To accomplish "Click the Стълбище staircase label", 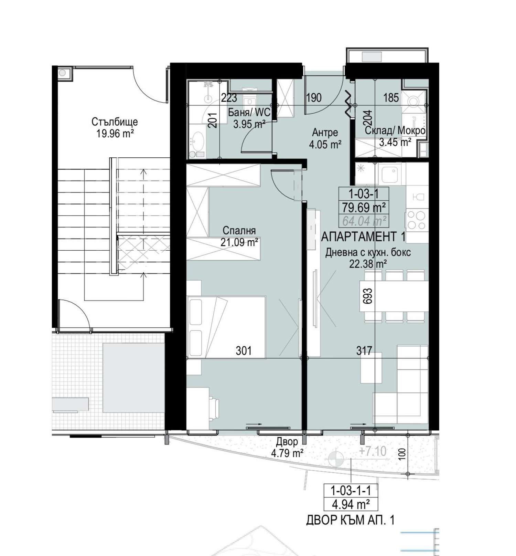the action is [115, 122].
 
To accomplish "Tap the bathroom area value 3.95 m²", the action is [249, 124].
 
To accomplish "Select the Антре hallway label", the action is [325, 132].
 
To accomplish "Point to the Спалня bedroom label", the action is [239, 230].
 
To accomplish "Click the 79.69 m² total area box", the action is [364, 208].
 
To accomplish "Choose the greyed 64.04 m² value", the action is [364, 221].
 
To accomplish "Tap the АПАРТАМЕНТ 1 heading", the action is [363, 237].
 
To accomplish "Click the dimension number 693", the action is [368, 296].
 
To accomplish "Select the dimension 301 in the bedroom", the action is [244, 351].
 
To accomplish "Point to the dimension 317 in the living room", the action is [364, 351].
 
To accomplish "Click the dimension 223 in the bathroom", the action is [229, 98].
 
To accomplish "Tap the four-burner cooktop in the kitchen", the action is [417, 220].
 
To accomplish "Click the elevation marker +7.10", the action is [373, 451].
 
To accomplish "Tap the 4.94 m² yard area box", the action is [351, 504].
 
